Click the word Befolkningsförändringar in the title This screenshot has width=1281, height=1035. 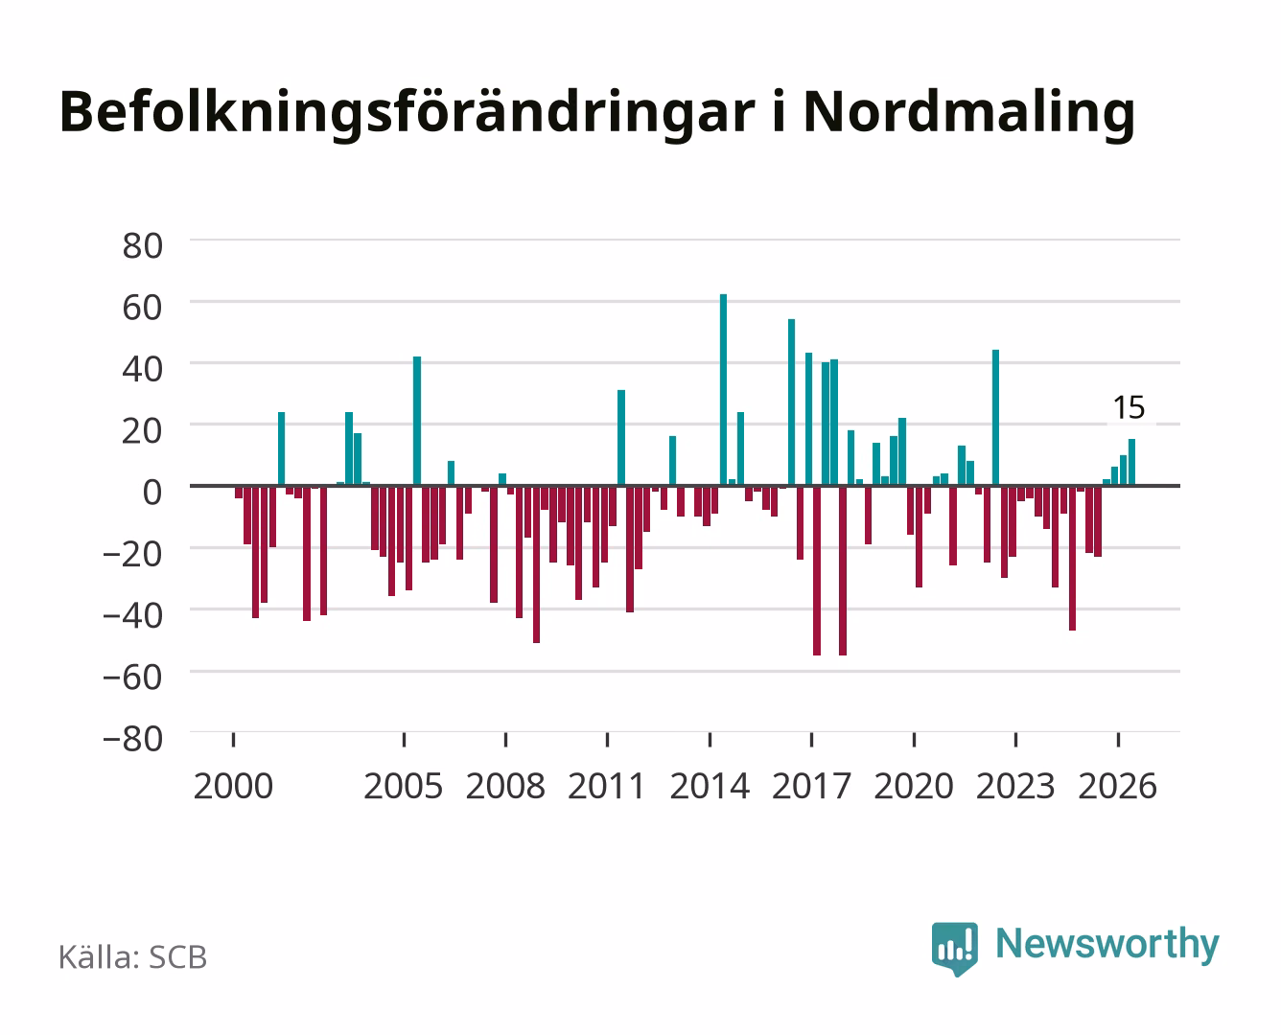tap(408, 114)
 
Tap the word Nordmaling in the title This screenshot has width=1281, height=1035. tap(969, 114)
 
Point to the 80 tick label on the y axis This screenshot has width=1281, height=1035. tap(143, 246)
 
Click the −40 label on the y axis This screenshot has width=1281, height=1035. tap(133, 615)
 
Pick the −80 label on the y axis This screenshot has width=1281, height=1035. tap(133, 739)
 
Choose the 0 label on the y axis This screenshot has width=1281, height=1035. tap(152, 493)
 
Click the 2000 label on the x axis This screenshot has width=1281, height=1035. tap(233, 786)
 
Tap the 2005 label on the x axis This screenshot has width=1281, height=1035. tap(404, 786)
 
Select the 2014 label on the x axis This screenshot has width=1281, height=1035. tap(710, 786)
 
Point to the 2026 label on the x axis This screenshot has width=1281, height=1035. tap(1118, 786)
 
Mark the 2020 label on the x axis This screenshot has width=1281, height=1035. tap(914, 786)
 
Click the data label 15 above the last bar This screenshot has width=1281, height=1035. tap(1130, 408)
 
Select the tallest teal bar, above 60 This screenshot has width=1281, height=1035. tap(724, 389)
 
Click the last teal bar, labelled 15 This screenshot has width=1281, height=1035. tap(1131, 462)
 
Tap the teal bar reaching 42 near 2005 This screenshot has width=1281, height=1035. tap(417, 421)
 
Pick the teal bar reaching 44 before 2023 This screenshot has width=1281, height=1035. tap(996, 417)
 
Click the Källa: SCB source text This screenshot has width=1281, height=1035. tap(133, 956)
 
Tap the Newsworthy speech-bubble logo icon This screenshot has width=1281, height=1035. tap(954, 949)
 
